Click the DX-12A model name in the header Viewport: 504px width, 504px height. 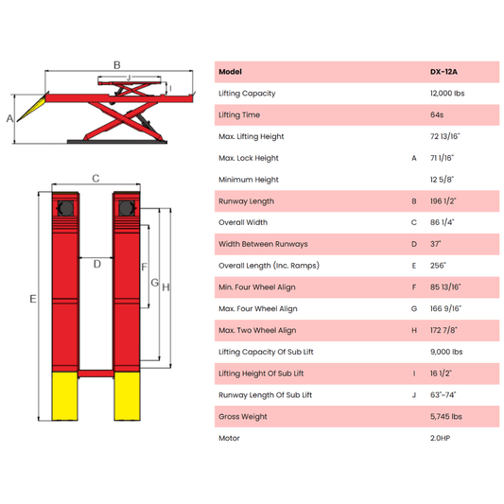(x=443, y=72)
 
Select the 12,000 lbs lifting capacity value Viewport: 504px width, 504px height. (x=447, y=94)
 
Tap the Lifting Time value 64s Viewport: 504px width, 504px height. (x=437, y=114)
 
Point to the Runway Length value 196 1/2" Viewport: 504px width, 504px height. (x=443, y=201)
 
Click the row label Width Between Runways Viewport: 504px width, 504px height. (x=263, y=244)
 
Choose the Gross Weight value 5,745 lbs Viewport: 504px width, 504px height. (x=445, y=417)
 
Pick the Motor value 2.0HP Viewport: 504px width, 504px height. (x=440, y=438)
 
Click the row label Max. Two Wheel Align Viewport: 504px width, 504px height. (x=257, y=330)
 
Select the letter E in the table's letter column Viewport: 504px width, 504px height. (x=414, y=266)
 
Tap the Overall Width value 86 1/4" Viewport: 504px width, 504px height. (x=442, y=222)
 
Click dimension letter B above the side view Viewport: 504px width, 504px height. (x=117, y=65)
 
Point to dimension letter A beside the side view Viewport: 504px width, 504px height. (x=10, y=118)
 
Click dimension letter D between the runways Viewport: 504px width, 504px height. (x=97, y=264)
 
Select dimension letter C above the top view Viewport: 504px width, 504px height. (x=96, y=178)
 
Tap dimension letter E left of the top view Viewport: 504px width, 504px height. (x=33, y=299)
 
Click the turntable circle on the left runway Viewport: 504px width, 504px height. (x=65, y=208)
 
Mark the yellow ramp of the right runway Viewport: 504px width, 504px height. (x=127, y=396)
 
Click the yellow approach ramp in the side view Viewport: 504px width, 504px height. (x=31, y=109)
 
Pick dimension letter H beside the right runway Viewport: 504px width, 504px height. (x=165, y=287)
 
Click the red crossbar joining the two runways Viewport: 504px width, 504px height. (x=96, y=374)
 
